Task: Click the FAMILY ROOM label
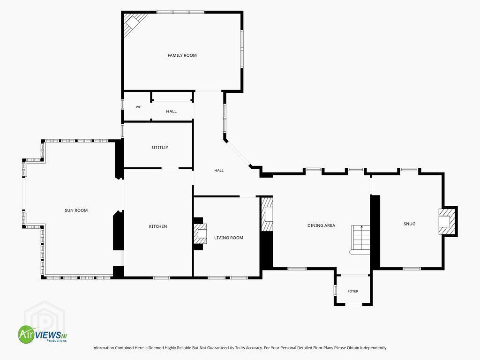182,55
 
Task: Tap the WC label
138,107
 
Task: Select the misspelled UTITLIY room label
160,148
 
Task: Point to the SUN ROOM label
76,210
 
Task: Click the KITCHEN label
158,226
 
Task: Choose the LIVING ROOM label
229,238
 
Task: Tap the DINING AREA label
321,225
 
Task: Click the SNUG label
410,224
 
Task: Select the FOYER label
353,291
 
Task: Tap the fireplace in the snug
447,221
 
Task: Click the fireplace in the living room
200,233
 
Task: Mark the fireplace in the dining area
267,214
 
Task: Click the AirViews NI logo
42,334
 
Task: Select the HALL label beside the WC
172,112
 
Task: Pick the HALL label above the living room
219,171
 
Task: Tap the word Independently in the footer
374,348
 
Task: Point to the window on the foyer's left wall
335,290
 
